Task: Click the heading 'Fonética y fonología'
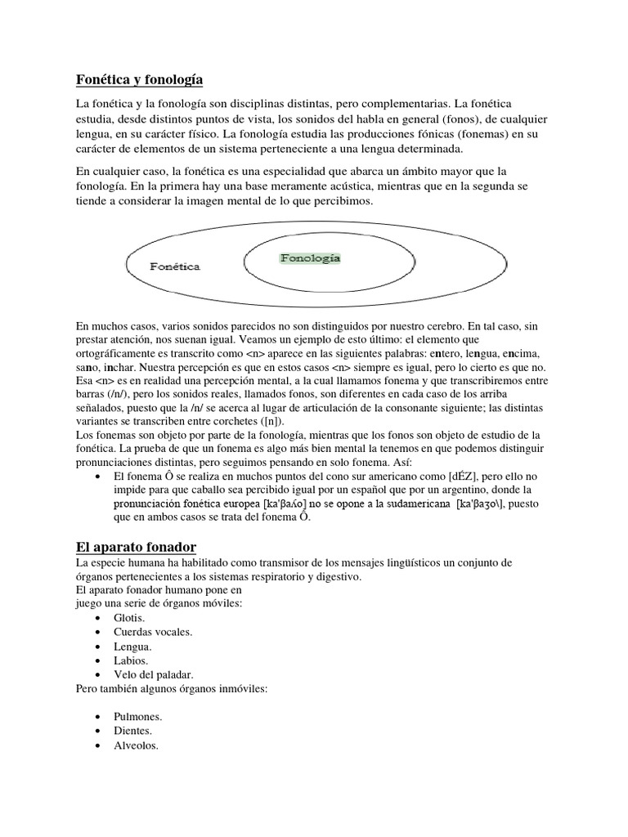139,80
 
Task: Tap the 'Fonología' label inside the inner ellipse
310,257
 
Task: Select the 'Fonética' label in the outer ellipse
175,266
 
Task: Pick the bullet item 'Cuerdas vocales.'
154,632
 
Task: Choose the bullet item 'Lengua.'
134,647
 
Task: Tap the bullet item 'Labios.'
132,660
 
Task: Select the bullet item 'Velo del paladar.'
155,674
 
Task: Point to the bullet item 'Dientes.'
134,731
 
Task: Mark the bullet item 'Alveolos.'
137,745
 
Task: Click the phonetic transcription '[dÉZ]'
450,476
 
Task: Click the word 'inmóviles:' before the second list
241,688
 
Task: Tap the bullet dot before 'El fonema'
99,476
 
